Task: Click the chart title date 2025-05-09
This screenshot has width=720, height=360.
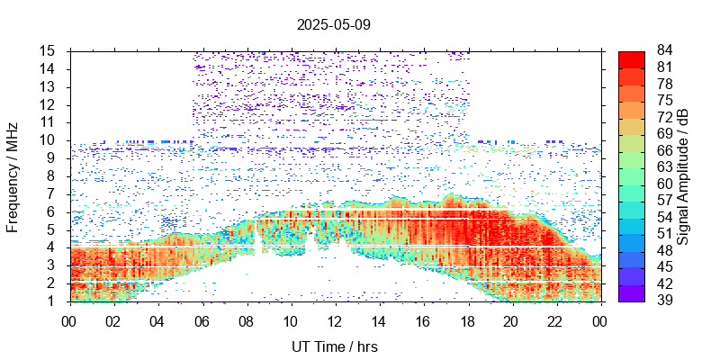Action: (x=333, y=25)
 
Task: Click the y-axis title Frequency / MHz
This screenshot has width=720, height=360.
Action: (x=13, y=176)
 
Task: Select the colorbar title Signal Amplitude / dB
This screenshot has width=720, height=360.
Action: (x=684, y=176)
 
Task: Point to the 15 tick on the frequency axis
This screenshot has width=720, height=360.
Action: (x=49, y=51)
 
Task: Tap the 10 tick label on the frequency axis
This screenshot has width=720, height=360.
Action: (x=49, y=140)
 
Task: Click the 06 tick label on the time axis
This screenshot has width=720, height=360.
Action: (x=202, y=320)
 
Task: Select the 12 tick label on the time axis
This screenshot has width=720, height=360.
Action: (x=335, y=320)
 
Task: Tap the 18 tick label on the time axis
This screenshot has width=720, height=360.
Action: (x=467, y=320)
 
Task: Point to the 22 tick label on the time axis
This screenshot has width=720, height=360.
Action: (x=555, y=320)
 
